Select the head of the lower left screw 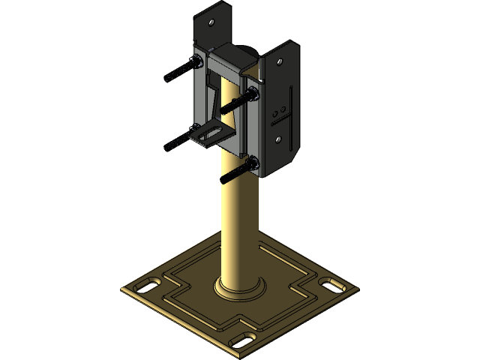(196, 128)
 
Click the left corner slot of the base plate (145, 286)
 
